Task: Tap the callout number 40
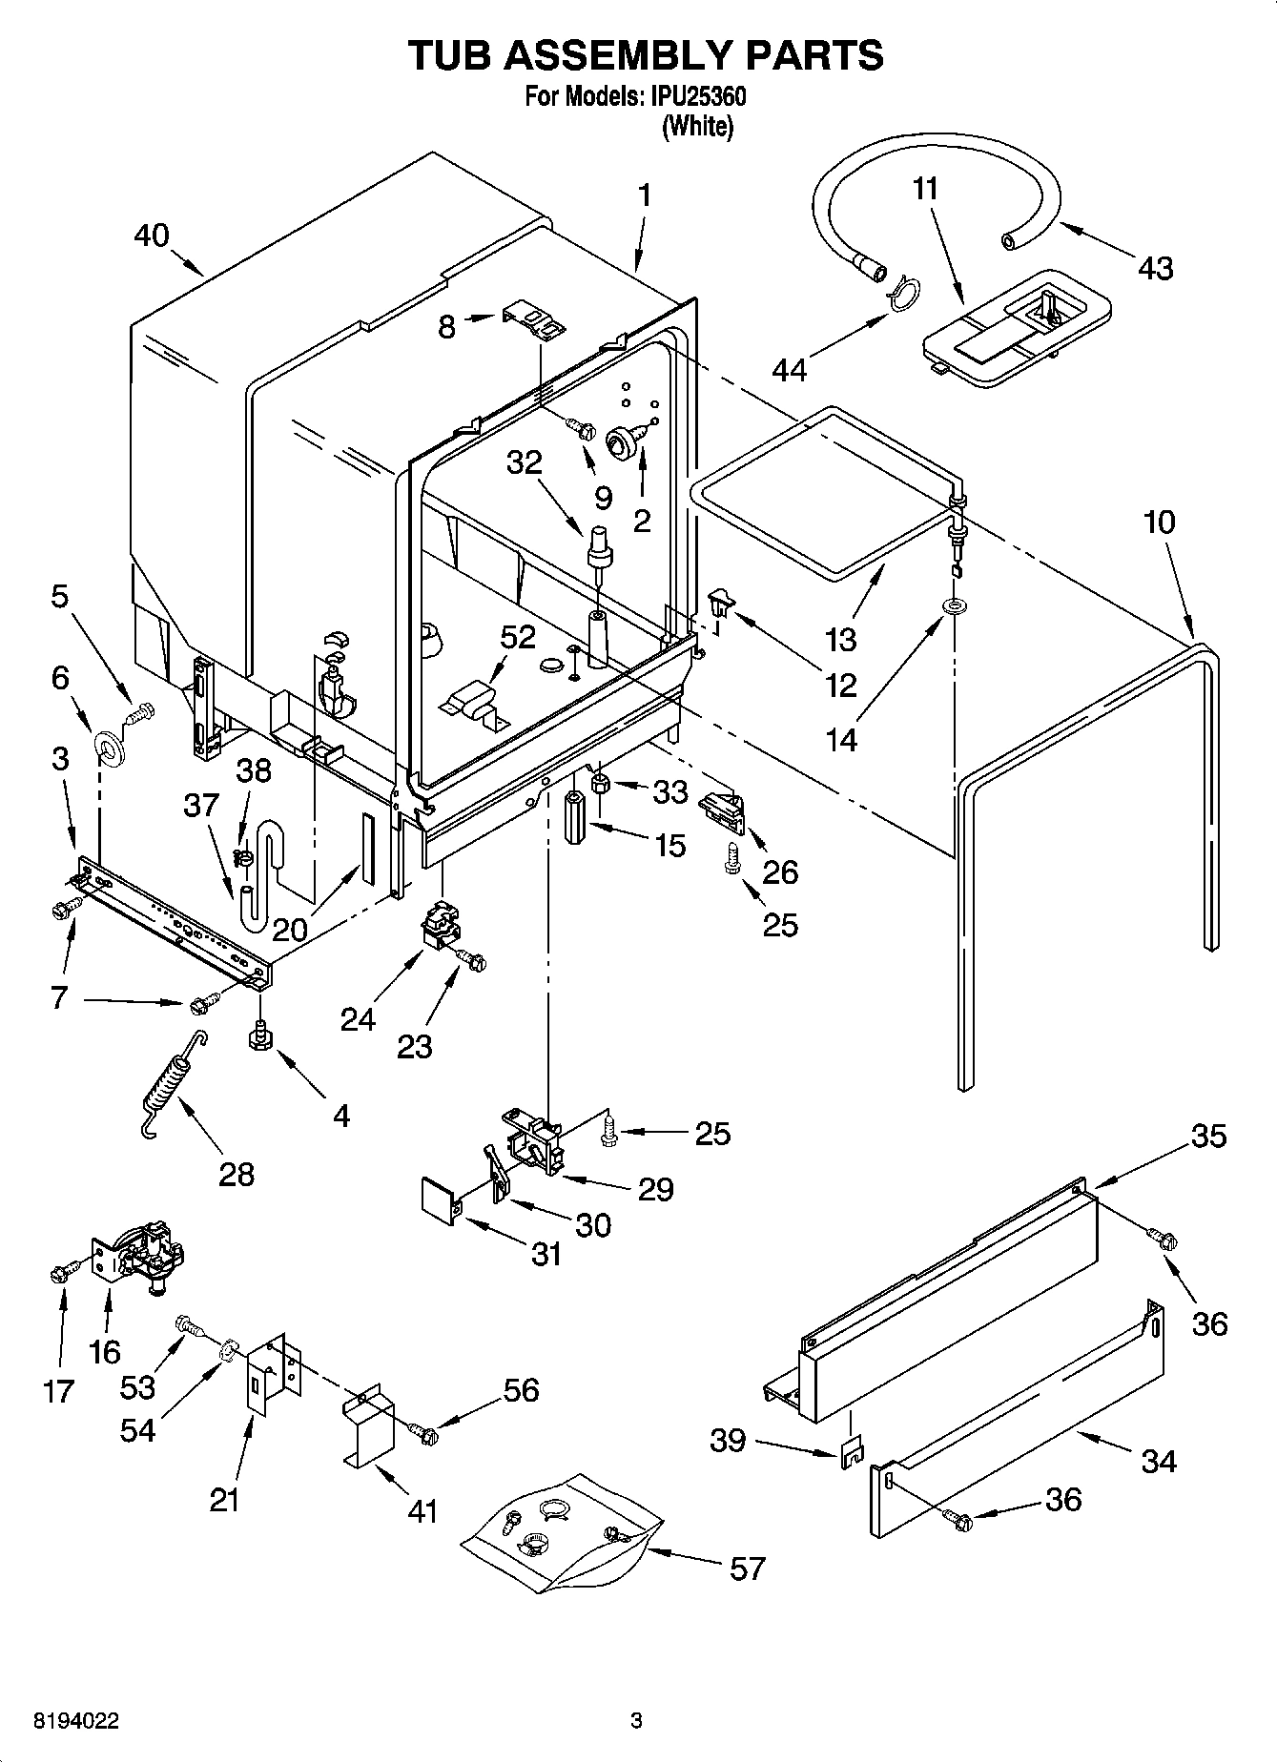pyautogui.click(x=152, y=236)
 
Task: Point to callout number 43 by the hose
pyautogui.click(x=1155, y=269)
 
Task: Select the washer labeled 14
pyautogui.click(x=952, y=606)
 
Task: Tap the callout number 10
pyautogui.click(x=1160, y=522)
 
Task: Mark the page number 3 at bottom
pyautogui.click(x=636, y=1721)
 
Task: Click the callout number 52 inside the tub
pyautogui.click(x=518, y=637)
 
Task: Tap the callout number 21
pyautogui.click(x=225, y=1500)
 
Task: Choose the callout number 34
pyautogui.click(x=1158, y=1461)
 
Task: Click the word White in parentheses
pyautogui.click(x=698, y=126)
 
